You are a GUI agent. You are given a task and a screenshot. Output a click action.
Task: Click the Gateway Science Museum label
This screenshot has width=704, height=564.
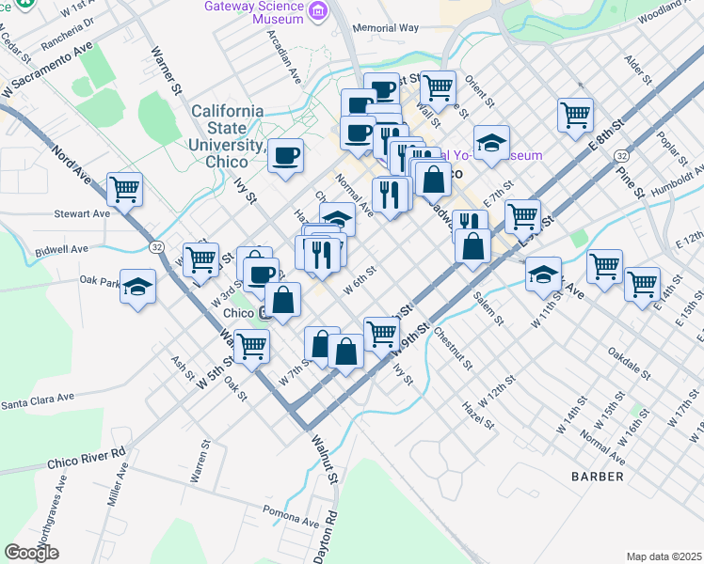click(254, 12)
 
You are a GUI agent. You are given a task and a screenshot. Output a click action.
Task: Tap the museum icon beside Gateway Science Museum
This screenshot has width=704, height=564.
click(319, 11)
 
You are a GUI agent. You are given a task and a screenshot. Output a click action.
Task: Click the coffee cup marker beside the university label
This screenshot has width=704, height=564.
click(285, 155)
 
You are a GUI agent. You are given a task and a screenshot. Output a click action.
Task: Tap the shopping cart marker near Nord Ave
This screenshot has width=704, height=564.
click(124, 190)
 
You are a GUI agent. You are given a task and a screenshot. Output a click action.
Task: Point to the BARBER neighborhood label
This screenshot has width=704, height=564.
click(597, 477)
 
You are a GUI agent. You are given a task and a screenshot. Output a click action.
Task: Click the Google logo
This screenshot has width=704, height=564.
click(31, 553)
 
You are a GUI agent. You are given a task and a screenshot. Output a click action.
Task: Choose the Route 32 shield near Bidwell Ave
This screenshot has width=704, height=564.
click(154, 245)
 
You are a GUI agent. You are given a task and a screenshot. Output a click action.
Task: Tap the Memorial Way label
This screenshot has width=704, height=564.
click(385, 28)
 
